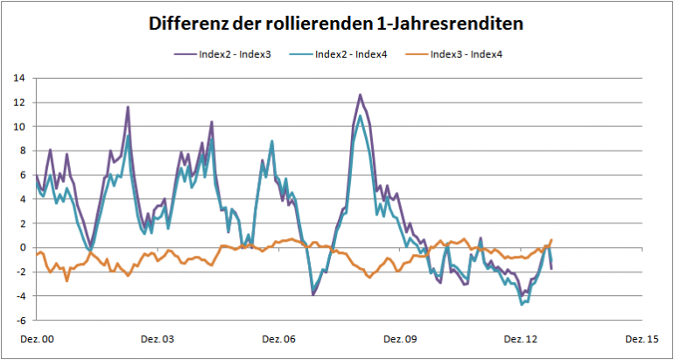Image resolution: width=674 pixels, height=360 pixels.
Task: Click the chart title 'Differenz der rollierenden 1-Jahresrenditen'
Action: [337, 24]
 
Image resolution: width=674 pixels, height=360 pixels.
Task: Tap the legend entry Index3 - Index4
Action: [467, 54]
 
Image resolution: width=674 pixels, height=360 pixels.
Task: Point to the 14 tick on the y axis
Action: [18, 78]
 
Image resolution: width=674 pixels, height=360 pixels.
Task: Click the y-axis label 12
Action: [18, 102]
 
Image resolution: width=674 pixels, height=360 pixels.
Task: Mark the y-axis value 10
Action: [18, 127]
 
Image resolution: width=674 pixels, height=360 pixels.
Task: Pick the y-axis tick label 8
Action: [20, 151]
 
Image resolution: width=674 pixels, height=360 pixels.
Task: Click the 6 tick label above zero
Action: [20, 175]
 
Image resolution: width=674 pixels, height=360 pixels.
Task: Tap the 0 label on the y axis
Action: [20, 248]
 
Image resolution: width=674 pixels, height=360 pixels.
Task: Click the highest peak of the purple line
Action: [360, 95]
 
